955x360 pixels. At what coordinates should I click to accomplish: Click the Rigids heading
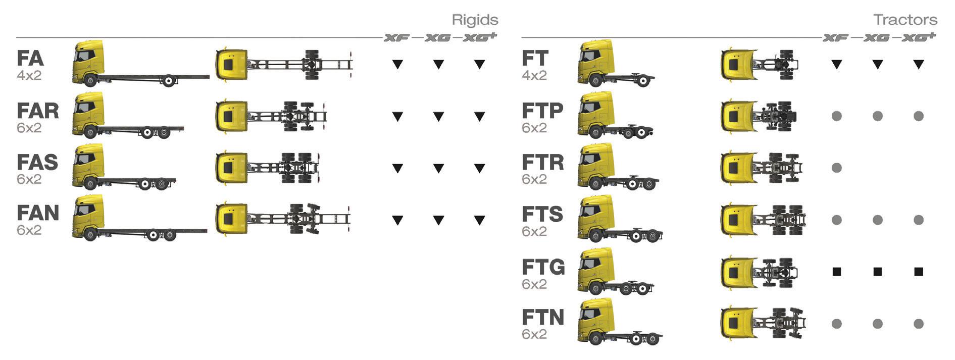(x=475, y=20)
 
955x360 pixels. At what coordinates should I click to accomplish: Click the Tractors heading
(x=905, y=20)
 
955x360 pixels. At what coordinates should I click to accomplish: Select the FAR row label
(x=38, y=110)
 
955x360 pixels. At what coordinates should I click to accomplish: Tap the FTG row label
(x=543, y=267)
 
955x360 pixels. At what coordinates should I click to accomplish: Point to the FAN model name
(x=38, y=213)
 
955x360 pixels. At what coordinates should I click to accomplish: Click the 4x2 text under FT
(x=534, y=76)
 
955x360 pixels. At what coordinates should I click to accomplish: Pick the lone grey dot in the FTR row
(x=836, y=168)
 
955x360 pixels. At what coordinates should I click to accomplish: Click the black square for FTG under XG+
(x=919, y=272)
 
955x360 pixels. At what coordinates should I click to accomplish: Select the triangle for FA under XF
(x=397, y=64)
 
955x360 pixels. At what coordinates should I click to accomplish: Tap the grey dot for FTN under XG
(x=877, y=324)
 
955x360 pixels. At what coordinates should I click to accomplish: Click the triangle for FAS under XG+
(x=479, y=168)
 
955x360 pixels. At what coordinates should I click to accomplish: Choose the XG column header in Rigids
(x=438, y=37)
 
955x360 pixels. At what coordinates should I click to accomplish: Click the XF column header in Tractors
(x=836, y=37)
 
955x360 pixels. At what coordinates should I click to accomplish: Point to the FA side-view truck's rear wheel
(x=170, y=80)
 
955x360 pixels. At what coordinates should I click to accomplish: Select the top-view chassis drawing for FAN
(x=283, y=219)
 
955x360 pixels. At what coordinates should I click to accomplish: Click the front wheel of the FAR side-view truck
(x=91, y=132)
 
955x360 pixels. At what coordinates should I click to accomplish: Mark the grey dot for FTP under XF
(x=836, y=116)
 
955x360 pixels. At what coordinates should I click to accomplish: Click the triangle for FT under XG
(x=877, y=64)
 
